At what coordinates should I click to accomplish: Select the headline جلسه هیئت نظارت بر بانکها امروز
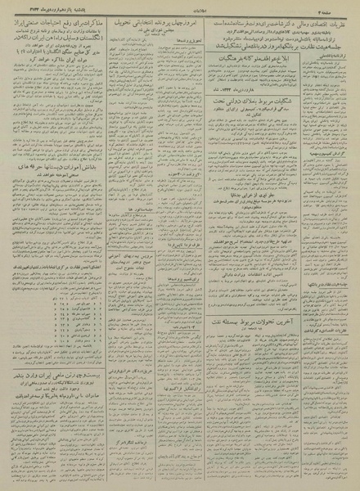tap(270, 47)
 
